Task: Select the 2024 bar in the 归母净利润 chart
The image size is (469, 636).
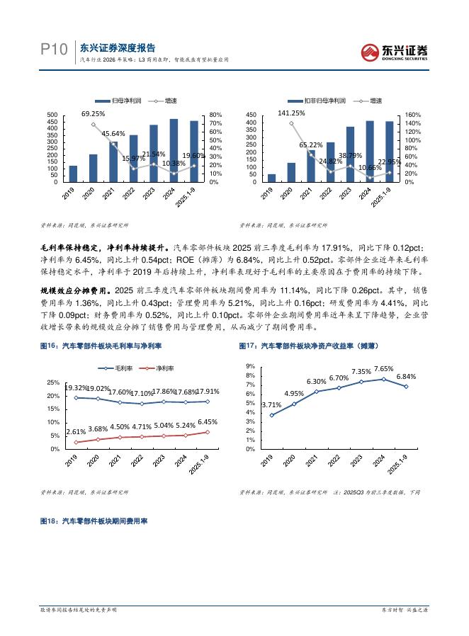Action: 174,150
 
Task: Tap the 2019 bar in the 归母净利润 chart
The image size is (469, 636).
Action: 73,174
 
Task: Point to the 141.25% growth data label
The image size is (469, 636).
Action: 291,113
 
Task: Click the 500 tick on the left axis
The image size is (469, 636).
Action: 52,115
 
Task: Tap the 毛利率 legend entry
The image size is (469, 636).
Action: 120,368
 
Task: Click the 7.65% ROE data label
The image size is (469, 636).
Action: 383,368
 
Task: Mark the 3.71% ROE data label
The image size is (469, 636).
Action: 271,404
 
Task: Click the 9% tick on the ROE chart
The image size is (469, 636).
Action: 250,366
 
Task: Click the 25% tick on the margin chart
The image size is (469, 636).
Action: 53,382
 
